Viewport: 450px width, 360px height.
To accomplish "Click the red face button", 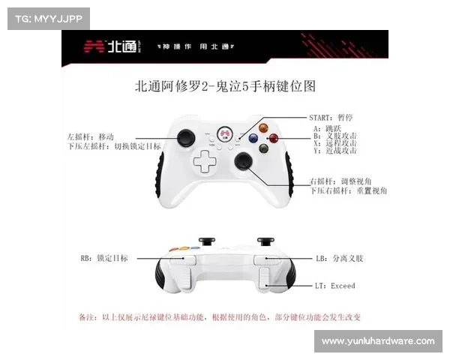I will coord(274,138).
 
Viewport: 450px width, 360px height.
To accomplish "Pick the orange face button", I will coord(263,127).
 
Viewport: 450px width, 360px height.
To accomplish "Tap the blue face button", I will coord(253,138).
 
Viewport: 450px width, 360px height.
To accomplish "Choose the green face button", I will coord(263,148).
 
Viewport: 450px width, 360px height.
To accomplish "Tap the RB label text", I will coord(103,258).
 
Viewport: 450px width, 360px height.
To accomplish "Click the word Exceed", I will coord(343,286).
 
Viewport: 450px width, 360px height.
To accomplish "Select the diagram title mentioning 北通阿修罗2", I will coord(224,86).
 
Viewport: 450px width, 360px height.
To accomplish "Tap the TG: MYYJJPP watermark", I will coord(48,18).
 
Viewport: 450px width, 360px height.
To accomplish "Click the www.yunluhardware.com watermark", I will coord(377,341).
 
